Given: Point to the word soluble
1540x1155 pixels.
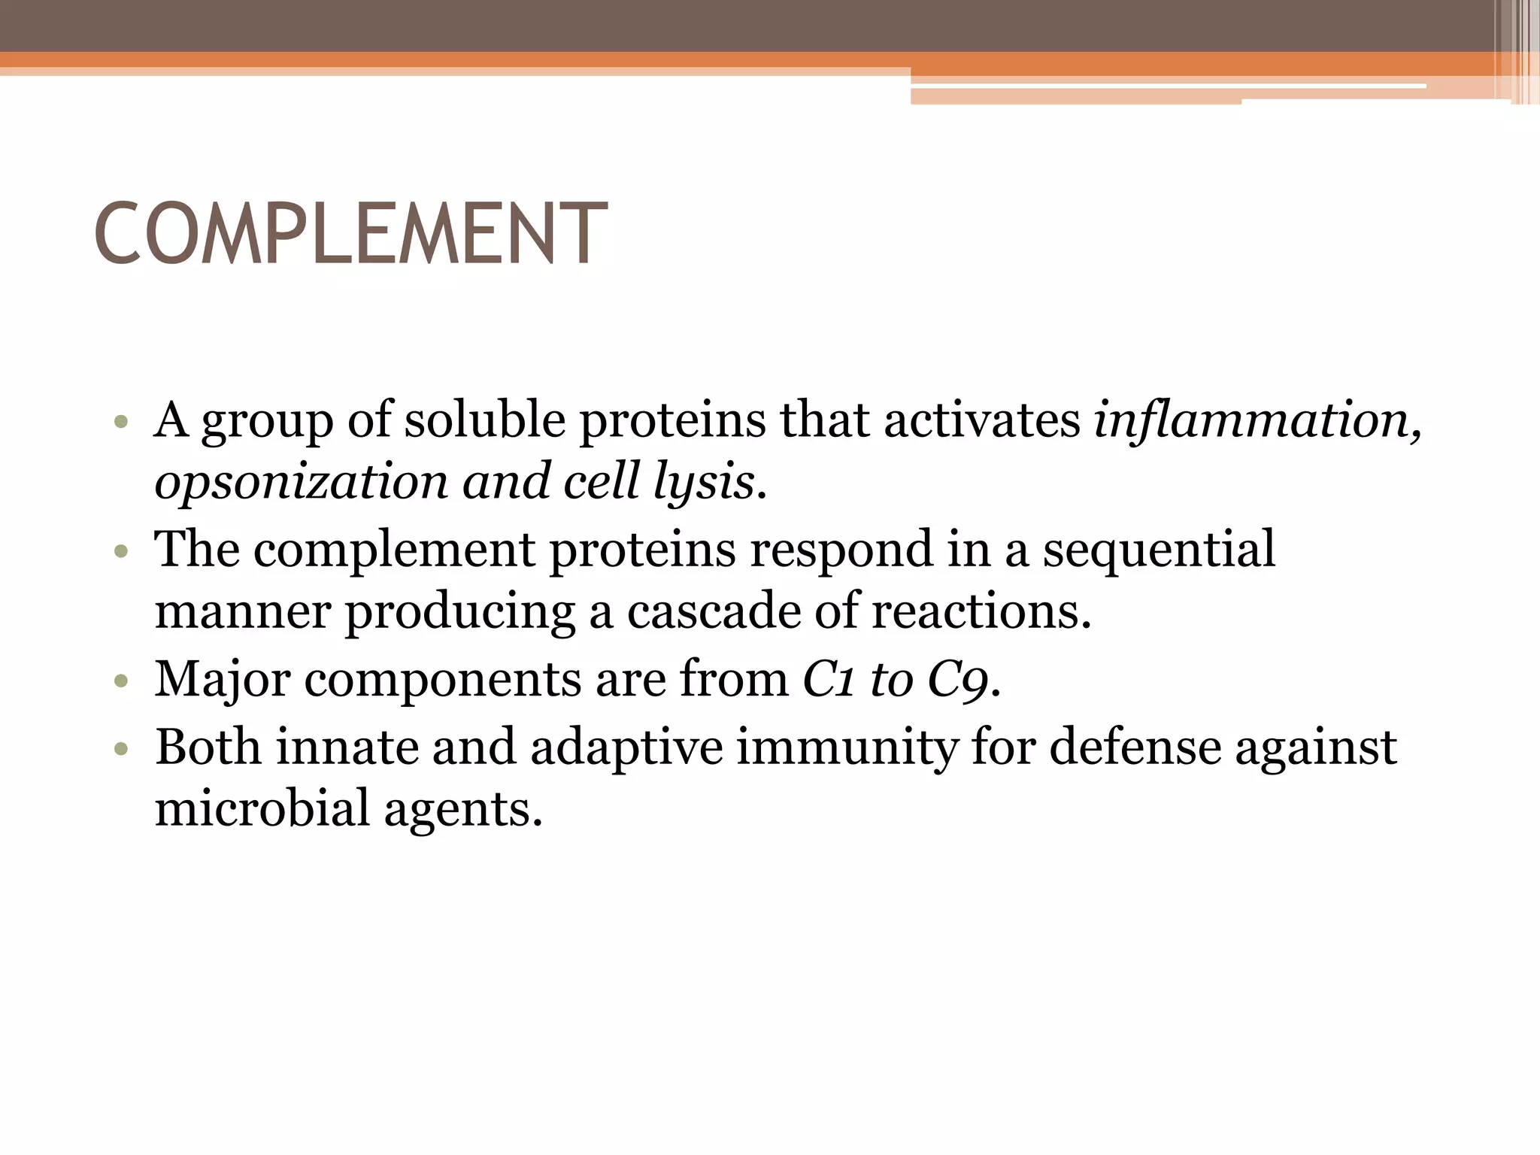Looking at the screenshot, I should [x=485, y=420].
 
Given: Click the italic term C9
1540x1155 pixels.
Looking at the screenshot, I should [x=957, y=679].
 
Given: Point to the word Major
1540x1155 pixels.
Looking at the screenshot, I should [x=222, y=679].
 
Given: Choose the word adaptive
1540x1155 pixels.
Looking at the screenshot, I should [x=626, y=747].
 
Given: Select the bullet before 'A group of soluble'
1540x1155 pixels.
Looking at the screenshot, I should [x=121, y=423].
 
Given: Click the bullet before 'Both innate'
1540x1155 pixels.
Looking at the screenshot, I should [x=121, y=750].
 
